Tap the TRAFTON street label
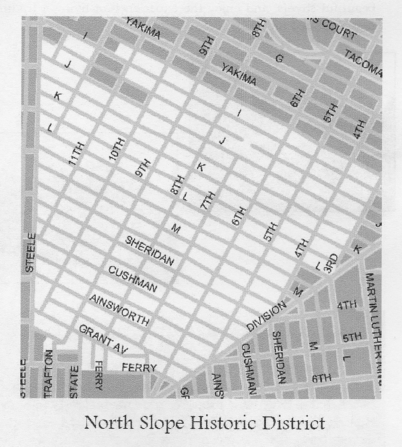48,373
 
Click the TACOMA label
363,63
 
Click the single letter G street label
279,59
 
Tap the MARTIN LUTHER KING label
374,328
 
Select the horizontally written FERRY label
139,367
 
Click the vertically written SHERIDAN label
279,357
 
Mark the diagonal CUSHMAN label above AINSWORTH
133,279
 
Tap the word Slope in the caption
161,423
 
